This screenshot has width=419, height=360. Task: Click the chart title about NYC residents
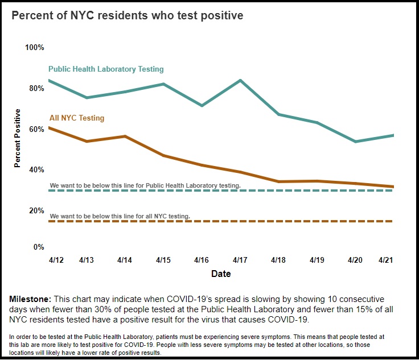pyautogui.click(x=128, y=15)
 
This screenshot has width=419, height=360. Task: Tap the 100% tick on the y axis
pyautogui.click(x=35, y=47)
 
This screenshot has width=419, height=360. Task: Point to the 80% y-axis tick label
pyautogui.click(x=36, y=88)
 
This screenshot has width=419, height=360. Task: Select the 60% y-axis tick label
pyautogui.click(x=36, y=129)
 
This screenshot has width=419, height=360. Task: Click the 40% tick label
pyautogui.click(x=36, y=169)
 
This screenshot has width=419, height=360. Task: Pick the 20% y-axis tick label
pyautogui.click(x=36, y=210)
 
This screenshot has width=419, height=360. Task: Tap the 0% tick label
pyautogui.click(x=39, y=247)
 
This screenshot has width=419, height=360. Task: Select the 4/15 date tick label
pyautogui.click(x=163, y=260)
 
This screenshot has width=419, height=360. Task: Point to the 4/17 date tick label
pyautogui.click(x=240, y=260)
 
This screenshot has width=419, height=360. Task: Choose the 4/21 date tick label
pyautogui.click(x=386, y=260)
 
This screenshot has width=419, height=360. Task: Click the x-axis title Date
pyautogui.click(x=221, y=274)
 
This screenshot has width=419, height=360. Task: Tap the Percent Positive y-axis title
pyautogui.click(x=18, y=138)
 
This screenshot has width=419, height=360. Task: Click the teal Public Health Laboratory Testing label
pyautogui.click(x=106, y=69)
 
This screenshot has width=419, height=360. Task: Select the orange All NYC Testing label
pyautogui.click(x=77, y=118)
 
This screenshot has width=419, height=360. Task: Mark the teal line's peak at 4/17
pyautogui.click(x=240, y=80)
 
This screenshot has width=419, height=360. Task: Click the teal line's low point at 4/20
pyautogui.click(x=355, y=142)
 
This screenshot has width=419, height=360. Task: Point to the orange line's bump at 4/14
pyautogui.click(x=125, y=136)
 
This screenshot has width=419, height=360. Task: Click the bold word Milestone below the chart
pyautogui.click(x=30, y=299)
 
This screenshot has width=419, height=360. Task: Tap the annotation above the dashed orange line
pyautogui.click(x=120, y=216)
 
